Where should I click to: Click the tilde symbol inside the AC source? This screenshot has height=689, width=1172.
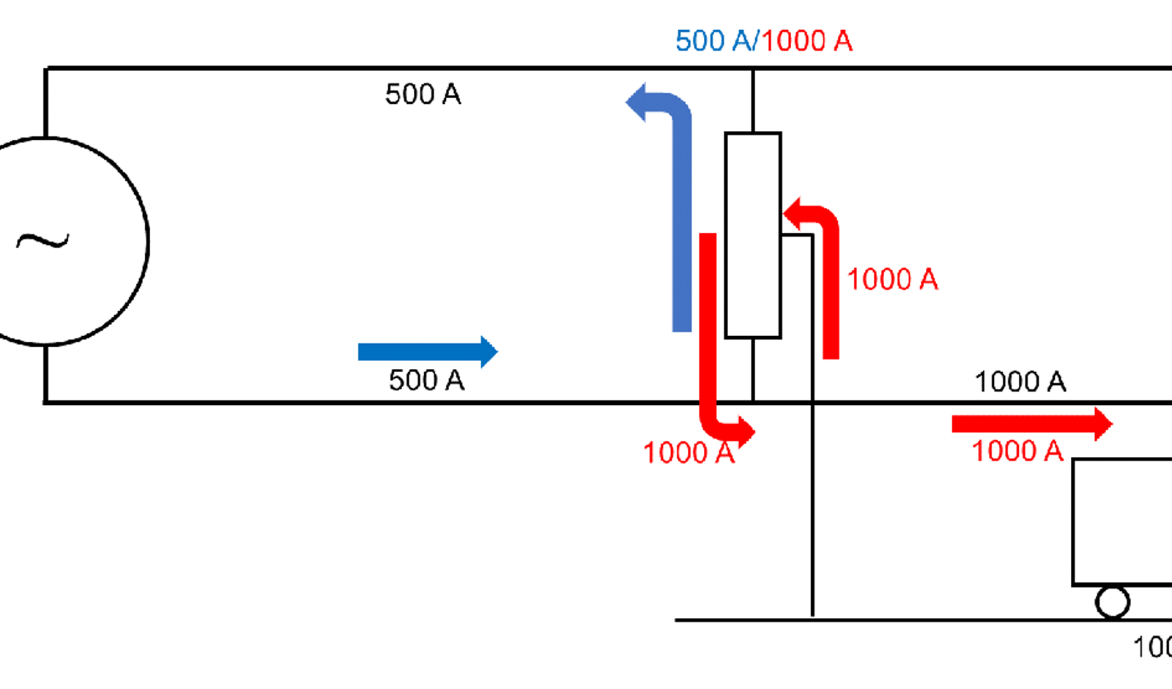(42, 241)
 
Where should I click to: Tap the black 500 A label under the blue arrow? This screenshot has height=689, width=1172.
(426, 380)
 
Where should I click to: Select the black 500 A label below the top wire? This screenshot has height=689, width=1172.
(423, 94)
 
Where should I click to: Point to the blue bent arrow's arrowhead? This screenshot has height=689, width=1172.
(636, 101)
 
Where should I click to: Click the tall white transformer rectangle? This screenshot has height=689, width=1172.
(753, 235)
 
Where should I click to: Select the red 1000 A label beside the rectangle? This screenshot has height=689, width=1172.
(892, 279)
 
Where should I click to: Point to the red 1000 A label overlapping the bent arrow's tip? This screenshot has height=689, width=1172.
(688, 452)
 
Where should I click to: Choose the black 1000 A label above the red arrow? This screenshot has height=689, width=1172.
(1020, 381)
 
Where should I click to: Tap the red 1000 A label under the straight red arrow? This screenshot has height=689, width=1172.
(1017, 451)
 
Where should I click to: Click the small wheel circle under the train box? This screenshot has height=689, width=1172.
(1112, 603)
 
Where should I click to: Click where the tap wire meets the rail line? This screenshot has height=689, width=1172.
(812, 619)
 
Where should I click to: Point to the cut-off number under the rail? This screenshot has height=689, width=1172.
(1153, 647)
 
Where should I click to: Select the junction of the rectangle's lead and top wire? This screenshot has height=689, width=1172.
(753, 69)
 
